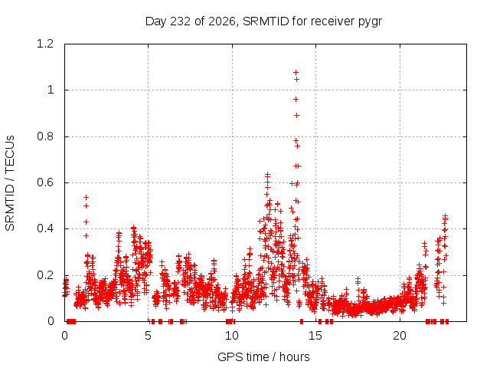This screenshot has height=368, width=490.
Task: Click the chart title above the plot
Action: click(263, 21)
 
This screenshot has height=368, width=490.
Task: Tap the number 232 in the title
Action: click(181, 21)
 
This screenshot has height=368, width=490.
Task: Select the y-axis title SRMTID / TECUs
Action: click(10, 183)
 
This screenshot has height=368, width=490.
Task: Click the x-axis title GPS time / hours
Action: click(263, 356)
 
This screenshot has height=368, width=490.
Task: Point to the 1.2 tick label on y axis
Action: click(45, 44)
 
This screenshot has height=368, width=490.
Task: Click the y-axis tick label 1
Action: click(51, 90)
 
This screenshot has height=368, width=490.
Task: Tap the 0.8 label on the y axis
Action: click(45, 136)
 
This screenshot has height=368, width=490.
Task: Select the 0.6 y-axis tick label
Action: click(45, 182)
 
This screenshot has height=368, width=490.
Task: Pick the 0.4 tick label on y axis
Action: click(45, 228)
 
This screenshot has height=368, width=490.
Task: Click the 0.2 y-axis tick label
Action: click(45, 275)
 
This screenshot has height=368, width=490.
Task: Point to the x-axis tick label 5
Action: click(148, 336)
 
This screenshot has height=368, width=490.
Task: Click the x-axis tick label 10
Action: click(232, 336)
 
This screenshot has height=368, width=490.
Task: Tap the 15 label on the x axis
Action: click(315, 336)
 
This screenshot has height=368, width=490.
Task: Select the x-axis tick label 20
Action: click(400, 336)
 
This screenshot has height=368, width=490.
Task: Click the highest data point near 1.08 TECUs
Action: click(296, 73)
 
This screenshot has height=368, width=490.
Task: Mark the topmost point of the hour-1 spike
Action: click(86, 197)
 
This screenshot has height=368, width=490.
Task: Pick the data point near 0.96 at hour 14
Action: click(296, 100)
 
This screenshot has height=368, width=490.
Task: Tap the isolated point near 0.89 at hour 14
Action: click(296, 116)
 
